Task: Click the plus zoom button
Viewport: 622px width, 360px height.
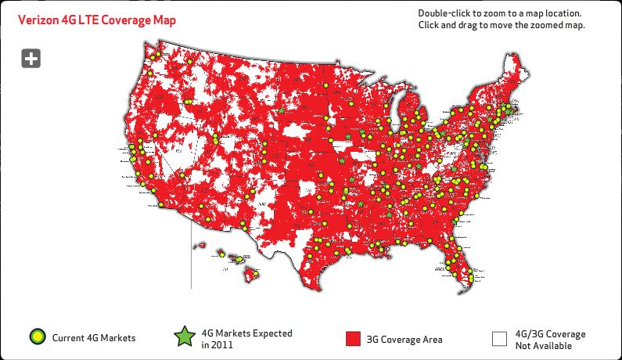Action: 31,58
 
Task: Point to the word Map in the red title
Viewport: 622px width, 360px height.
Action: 163,19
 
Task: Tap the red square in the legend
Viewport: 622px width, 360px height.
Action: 353,339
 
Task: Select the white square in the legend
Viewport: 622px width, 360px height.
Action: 499,339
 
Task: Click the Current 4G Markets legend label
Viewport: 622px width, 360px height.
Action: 94,338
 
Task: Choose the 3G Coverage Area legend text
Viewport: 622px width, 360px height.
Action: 405,339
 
